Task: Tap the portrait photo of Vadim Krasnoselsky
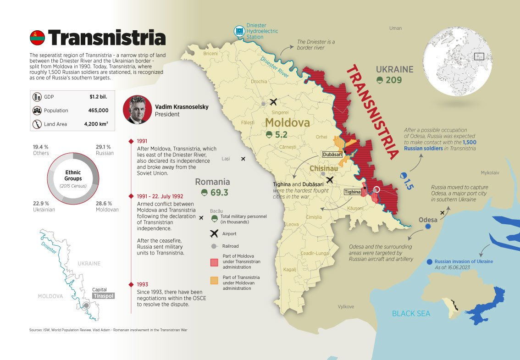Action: [137, 110]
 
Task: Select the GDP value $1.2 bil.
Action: [99, 97]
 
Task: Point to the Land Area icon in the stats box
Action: [36, 124]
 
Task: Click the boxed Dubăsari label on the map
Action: [332, 155]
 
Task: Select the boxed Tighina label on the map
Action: [353, 192]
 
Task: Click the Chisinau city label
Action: [324, 169]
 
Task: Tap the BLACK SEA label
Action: [411, 314]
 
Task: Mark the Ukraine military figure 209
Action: [394, 80]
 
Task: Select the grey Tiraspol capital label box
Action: [103, 296]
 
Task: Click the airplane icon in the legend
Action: [214, 233]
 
